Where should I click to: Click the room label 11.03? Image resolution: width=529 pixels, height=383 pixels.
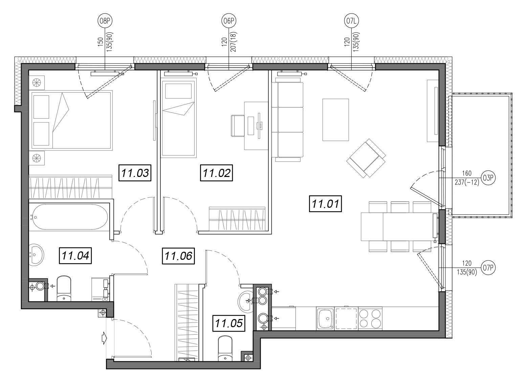pyautogui.click(x=135, y=173)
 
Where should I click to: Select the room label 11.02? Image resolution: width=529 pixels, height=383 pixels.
pyautogui.click(x=216, y=173)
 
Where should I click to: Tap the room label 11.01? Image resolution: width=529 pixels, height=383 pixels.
pyautogui.click(x=326, y=204)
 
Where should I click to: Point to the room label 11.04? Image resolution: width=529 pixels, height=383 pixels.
pyautogui.click(x=75, y=255)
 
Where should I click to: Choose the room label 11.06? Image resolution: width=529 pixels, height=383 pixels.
pyautogui.click(x=178, y=256)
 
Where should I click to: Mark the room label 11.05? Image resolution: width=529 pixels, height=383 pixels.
pyautogui.click(x=229, y=323)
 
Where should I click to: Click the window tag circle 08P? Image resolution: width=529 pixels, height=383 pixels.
pyautogui.click(x=105, y=21)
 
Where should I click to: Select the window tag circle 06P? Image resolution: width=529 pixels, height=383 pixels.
pyautogui.click(x=228, y=21)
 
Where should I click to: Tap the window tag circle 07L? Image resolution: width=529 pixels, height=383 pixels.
pyautogui.click(x=351, y=21)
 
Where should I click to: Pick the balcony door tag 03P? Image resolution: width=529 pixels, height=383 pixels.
pyautogui.click(x=488, y=178)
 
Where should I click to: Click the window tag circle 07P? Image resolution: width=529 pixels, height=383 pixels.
pyautogui.click(x=488, y=268)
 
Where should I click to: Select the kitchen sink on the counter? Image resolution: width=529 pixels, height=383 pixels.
pyautogui.click(x=325, y=319)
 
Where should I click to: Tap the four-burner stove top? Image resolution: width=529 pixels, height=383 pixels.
pyautogui.click(x=370, y=319)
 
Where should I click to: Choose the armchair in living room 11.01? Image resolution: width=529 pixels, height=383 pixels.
pyautogui.click(x=366, y=158)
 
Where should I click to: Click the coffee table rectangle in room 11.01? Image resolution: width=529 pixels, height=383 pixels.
pyautogui.click(x=336, y=120)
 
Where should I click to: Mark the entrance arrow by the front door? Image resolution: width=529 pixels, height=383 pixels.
pyautogui.click(x=104, y=338)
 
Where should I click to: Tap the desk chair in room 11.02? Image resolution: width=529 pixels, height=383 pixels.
pyautogui.click(x=238, y=126)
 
